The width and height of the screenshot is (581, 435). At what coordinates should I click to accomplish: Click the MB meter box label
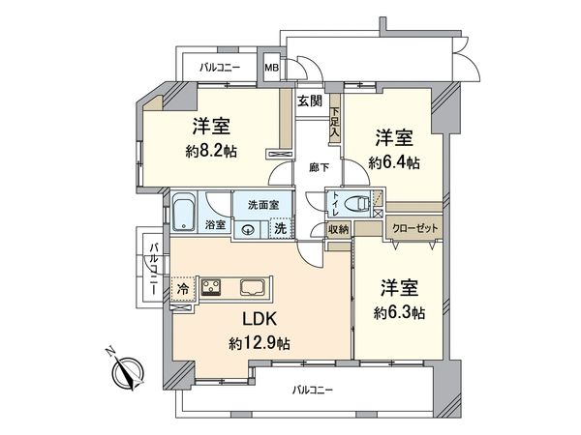click(x=272, y=68)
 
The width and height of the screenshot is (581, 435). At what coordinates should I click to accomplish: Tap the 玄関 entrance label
click(x=310, y=101)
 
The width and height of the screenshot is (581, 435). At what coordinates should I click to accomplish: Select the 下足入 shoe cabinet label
click(x=335, y=123)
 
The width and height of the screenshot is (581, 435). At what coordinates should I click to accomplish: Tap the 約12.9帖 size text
click(x=260, y=342)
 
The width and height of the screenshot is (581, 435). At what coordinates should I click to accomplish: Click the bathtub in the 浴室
click(x=185, y=212)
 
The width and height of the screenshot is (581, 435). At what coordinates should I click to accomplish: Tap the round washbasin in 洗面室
click(x=249, y=230)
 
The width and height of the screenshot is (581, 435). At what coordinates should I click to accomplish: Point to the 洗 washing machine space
click(x=278, y=229)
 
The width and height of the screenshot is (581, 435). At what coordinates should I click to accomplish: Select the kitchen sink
click(x=255, y=286)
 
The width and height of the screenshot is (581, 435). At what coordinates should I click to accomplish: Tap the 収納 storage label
click(x=338, y=228)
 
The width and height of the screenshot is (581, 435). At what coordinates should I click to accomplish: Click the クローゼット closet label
click(x=413, y=227)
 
